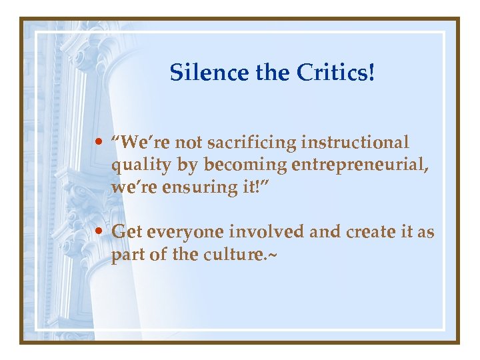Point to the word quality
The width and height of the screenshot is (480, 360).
[x=137, y=165]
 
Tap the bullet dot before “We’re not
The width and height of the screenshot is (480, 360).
[x=99, y=143]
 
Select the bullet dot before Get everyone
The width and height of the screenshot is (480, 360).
[x=99, y=232]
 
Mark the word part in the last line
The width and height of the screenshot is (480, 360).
[x=127, y=255]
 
